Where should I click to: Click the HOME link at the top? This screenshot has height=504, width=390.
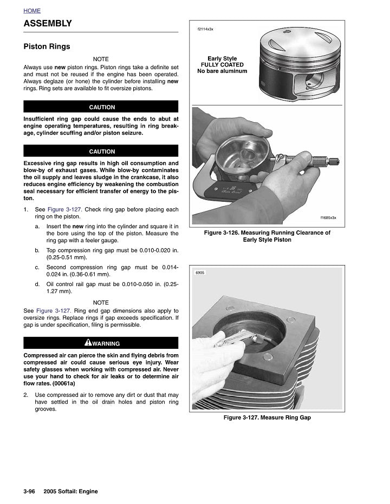click(32, 11)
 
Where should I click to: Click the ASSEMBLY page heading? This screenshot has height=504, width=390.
click(48, 23)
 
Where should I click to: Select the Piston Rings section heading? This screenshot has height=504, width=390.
click(47, 47)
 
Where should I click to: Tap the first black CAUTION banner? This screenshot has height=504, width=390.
click(101, 107)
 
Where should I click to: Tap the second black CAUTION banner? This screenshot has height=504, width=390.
click(101, 151)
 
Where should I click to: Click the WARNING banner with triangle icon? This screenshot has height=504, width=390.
click(101, 343)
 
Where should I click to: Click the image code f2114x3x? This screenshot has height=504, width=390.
click(205, 29)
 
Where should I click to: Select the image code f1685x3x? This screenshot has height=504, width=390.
click(328, 217)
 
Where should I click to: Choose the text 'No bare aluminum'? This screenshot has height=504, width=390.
click(222, 71)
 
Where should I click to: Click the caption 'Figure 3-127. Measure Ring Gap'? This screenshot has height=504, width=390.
click(267, 417)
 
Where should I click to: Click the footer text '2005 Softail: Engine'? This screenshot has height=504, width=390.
click(70, 491)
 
